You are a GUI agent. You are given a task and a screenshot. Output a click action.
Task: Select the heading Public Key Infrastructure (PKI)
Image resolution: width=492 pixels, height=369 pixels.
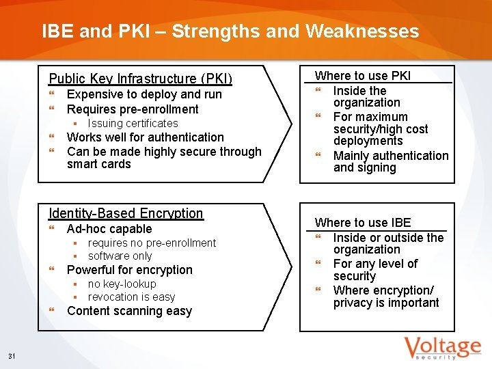coord(141,79)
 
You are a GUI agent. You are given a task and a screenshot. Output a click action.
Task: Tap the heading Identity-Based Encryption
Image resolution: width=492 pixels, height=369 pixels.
coord(126,213)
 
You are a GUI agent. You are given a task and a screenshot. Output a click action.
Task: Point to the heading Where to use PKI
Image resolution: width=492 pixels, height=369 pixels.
coord(362,76)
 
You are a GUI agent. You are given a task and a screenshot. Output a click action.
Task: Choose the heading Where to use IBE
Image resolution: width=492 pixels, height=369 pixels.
coord(362,223)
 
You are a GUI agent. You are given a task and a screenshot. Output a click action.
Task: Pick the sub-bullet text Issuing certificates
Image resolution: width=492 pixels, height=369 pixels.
coord(133,123)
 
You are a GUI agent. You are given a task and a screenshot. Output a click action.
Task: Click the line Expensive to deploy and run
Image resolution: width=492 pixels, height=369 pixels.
coord(144,94)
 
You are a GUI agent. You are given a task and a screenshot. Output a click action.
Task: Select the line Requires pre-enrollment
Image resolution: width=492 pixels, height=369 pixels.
coord(133,109)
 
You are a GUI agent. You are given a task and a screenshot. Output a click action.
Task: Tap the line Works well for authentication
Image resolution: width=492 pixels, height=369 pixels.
coord(145,137)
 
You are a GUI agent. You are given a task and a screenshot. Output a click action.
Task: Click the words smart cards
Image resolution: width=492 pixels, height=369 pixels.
coord(98,164)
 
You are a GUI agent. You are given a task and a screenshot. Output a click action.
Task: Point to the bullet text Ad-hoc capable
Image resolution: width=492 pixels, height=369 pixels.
coord(109,229)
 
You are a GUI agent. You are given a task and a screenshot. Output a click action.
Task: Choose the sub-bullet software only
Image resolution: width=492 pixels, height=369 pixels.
coord(120,256)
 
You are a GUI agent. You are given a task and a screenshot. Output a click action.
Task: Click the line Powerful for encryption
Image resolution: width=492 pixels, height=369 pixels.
coord(130,270)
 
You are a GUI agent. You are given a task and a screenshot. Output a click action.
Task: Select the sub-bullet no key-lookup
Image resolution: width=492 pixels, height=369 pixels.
coord(122,284)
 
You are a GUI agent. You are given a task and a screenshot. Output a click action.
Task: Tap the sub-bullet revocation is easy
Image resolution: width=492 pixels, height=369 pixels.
coord(131,297)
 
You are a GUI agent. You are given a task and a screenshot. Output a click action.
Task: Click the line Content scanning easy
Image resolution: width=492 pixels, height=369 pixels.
coord(129,311)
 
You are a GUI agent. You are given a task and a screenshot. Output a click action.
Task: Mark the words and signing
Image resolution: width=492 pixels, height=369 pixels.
coord(364,168)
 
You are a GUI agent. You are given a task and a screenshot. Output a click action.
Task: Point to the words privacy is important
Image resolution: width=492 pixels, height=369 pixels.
coord(386,303)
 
